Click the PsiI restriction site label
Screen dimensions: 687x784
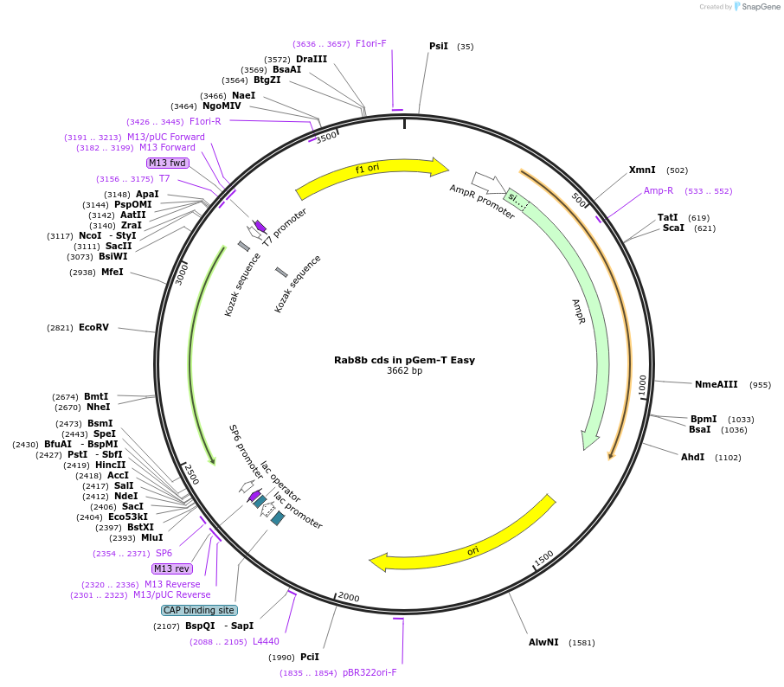[x=439, y=47]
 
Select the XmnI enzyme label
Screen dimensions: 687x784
[x=642, y=170]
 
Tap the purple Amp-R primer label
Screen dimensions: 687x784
[x=659, y=190]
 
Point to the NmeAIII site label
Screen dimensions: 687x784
[x=717, y=384]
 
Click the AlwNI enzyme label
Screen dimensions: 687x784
[x=543, y=642]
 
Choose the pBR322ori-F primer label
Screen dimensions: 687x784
[x=370, y=672]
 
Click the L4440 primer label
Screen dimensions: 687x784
[x=266, y=641]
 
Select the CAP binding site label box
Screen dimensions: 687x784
[x=198, y=610]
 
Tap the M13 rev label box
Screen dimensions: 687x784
[x=171, y=568]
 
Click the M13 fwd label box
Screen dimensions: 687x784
[x=167, y=163]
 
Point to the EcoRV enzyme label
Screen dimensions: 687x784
[x=93, y=328]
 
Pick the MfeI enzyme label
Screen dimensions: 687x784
[x=112, y=272]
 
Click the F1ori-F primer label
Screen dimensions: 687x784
[x=370, y=43]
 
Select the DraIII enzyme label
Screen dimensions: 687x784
[x=312, y=59]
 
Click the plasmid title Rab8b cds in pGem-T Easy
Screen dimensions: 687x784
[x=404, y=360]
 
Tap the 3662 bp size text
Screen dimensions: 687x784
[x=404, y=371]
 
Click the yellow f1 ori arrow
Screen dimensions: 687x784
[x=372, y=177]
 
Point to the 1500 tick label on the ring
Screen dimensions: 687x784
[x=543, y=560]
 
